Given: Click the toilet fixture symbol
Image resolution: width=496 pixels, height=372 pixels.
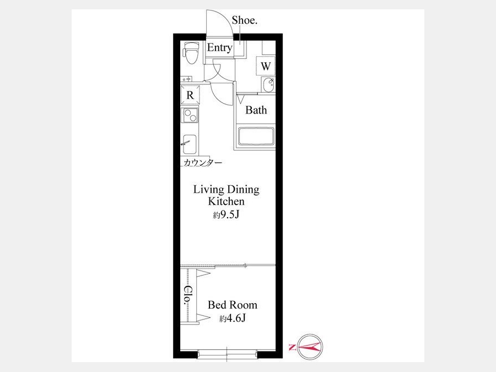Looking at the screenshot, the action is [191, 53].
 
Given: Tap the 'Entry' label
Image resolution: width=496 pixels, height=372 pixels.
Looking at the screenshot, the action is [219, 47].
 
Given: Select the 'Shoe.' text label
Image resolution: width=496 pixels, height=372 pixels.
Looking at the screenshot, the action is [244, 20].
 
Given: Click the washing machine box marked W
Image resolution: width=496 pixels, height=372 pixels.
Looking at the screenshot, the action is [266, 66].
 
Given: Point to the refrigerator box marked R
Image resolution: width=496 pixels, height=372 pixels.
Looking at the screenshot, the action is [190, 95].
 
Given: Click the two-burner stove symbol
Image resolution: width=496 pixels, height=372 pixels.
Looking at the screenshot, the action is [190, 116].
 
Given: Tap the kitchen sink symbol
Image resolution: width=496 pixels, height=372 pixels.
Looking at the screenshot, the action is [189, 144].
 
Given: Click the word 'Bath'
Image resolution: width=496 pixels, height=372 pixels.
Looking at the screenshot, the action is [256, 110].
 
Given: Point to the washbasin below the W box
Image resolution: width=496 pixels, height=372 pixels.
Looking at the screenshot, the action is [269, 85].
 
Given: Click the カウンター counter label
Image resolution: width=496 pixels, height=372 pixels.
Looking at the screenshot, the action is [202, 163].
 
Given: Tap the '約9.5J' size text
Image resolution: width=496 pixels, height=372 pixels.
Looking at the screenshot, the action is [226, 215].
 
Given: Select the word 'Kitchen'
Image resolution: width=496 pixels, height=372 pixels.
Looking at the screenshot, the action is [226, 201].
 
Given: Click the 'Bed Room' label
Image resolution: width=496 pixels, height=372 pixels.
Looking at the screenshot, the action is [233, 305].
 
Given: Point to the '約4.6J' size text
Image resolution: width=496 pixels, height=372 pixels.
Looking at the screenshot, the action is [233, 318].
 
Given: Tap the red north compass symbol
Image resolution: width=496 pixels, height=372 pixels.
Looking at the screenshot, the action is [310, 347].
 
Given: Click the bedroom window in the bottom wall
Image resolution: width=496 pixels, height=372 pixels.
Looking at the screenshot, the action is [228, 354].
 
